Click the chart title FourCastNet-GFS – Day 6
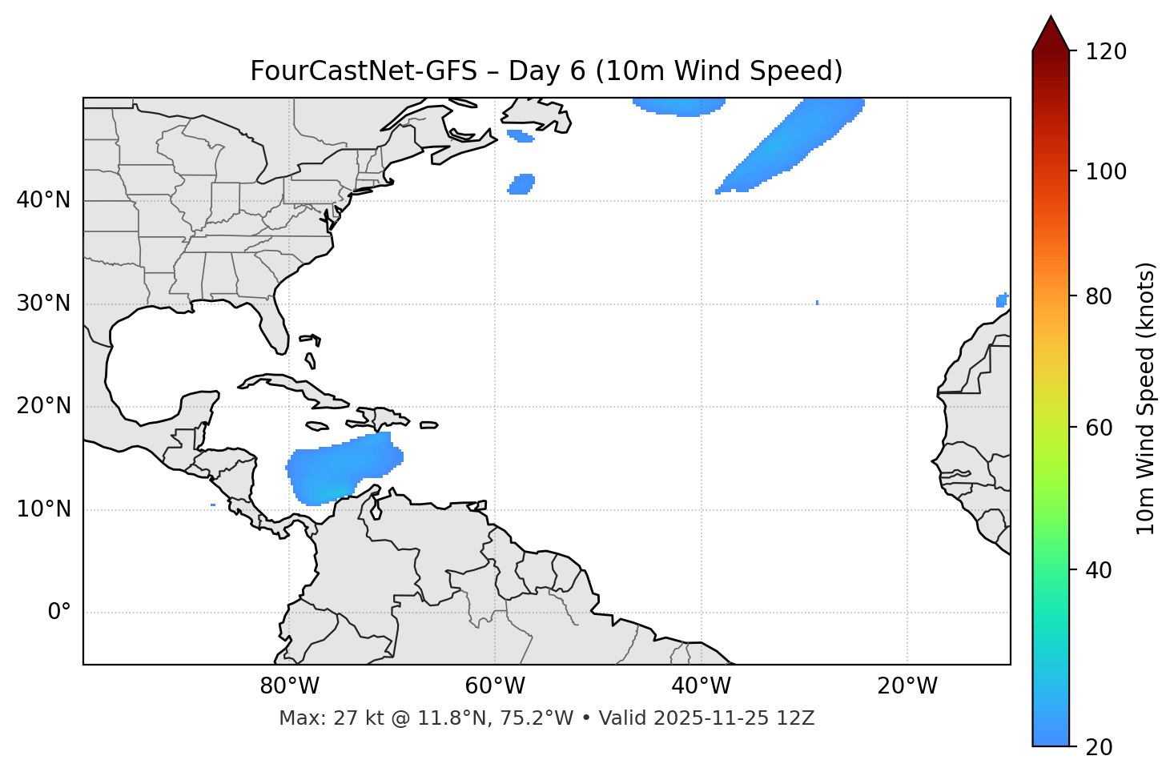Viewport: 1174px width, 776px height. coord(546,71)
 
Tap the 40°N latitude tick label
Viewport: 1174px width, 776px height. coord(43,200)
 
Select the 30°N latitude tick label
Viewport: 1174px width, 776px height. coord(43,304)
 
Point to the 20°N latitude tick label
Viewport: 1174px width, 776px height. coord(43,406)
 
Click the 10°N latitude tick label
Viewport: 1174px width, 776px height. coord(43,509)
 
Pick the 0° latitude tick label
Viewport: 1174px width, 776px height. coord(59,613)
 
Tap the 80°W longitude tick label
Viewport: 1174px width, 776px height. coord(289,686)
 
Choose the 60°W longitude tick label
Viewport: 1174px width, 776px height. coord(495,686)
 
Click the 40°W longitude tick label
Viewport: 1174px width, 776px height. coord(701,686)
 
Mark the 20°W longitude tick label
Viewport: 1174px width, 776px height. coord(907,686)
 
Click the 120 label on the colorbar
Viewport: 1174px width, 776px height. coord(1106,52)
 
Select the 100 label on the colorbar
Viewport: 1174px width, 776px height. coord(1106,171)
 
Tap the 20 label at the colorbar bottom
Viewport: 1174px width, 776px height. coord(1099,746)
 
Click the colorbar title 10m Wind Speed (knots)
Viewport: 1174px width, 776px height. coord(1146,399)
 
